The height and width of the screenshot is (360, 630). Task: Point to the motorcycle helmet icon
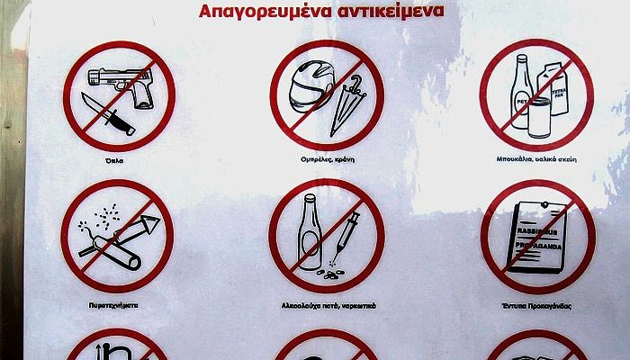305,85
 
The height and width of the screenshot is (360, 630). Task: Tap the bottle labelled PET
521,90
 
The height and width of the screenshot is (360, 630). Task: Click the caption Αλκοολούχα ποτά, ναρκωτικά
326,306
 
